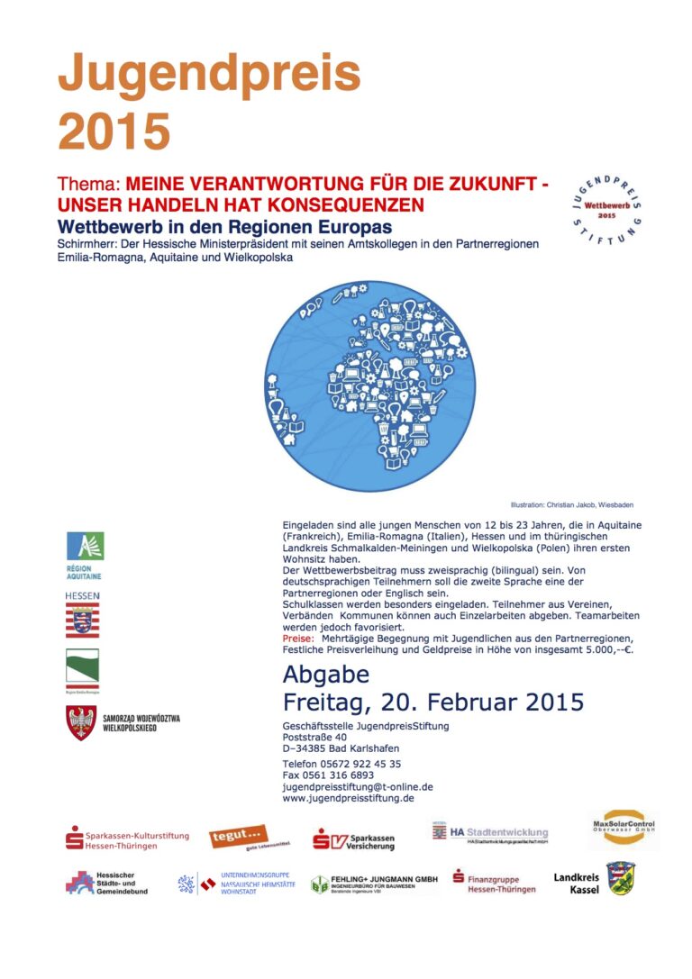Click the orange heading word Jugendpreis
209,76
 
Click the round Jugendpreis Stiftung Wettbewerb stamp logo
606,206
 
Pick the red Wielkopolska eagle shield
81,722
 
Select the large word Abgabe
325,674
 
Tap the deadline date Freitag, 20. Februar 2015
432,701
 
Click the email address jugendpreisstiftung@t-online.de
358,786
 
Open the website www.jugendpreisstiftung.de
348,798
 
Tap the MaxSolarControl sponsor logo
624,829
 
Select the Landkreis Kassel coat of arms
619,878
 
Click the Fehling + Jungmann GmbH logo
373,884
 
